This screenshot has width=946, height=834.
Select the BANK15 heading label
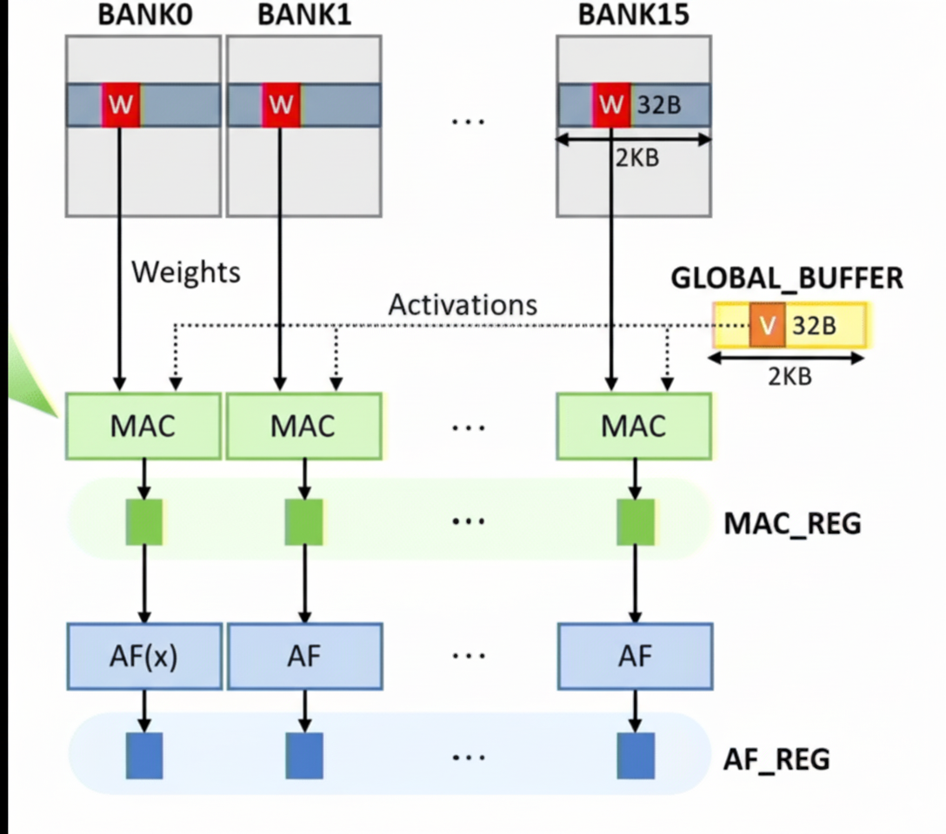tap(633, 16)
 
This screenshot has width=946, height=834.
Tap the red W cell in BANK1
tap(281, 105)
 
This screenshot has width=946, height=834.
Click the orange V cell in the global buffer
tap(767, 325)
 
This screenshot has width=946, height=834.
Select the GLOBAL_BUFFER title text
tap(786, 278)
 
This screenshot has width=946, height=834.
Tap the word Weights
tap(185, 272)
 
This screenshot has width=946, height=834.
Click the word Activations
tap(463, 304)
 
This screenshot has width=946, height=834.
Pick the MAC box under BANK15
tap(634, 426)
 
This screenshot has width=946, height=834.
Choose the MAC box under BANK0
tap(143, 426)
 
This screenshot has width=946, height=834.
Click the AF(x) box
tap(143, 655)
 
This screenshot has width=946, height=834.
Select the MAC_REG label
tap(792, 524)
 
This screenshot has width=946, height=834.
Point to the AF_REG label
tap(776, 759)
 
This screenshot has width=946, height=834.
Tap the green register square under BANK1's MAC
tap(304, 521)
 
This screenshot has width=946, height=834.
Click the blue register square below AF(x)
tap(144, 755)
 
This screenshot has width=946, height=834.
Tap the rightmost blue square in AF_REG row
tap(636, 755)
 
